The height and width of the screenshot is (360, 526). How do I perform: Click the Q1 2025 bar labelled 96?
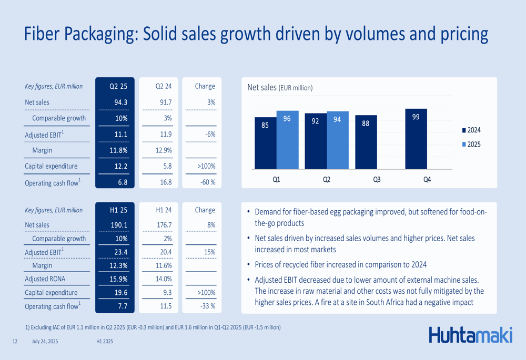click(x=287, y=140)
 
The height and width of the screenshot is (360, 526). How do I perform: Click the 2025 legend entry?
click(x=471, y=145)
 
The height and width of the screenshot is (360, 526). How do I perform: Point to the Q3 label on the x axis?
click(x=377, y=180)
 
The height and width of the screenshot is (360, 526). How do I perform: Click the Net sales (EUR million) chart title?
click(x=280, y=88)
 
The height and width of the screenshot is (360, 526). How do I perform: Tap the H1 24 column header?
click(x=164, y=210)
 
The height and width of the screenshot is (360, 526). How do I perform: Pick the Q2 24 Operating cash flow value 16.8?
click(x=166, y=182)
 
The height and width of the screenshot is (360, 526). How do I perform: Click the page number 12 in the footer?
click(x=15, y=342)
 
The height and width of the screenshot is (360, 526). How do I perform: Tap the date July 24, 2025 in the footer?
click(x=45, y=342)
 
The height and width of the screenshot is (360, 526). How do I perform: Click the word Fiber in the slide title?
click(x=43, y=34)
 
